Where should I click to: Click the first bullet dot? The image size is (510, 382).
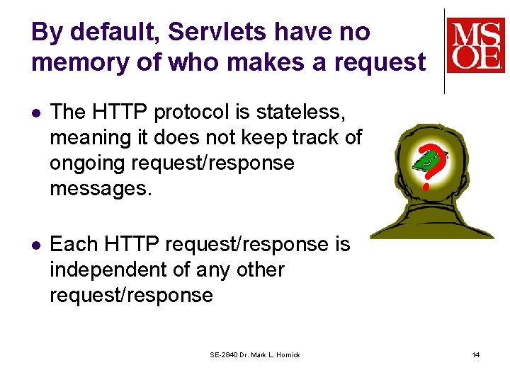click(37, 112)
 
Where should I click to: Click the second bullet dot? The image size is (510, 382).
click(37, 245)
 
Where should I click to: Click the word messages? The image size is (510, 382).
click(101, 188)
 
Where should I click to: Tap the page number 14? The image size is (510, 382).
click(476, 354)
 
